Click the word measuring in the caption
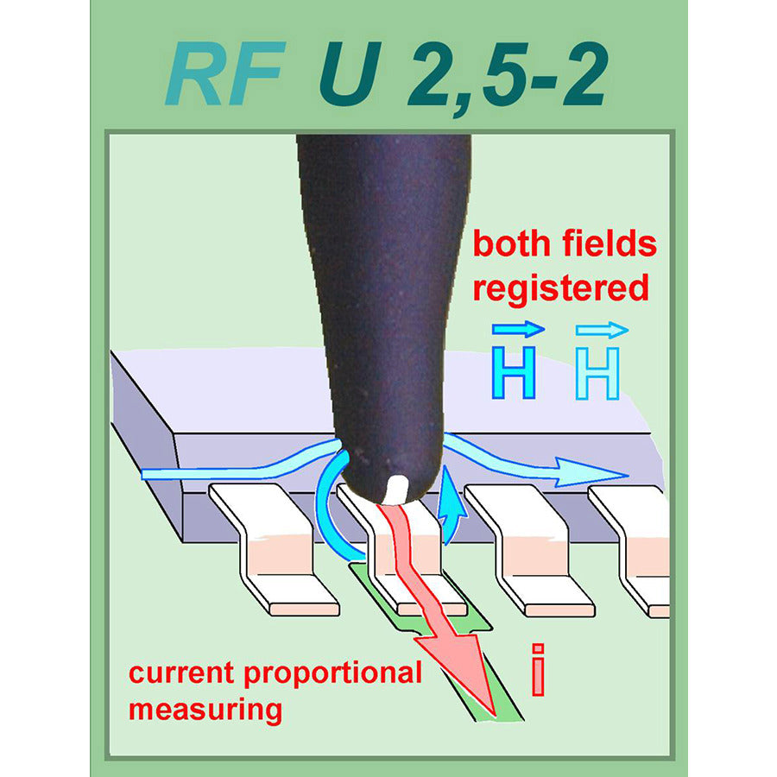205,711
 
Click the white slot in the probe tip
397,489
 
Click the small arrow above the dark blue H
518,329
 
